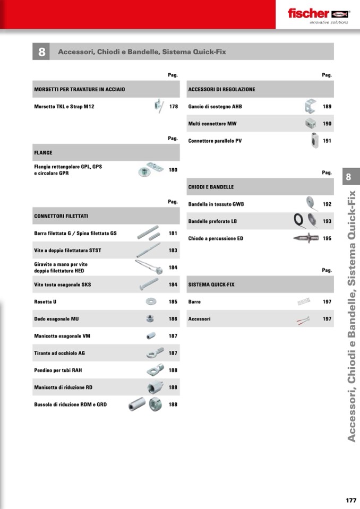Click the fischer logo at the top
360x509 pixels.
318,14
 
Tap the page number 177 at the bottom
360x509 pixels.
350,500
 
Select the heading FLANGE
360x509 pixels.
44,153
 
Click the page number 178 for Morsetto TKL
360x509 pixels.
174,107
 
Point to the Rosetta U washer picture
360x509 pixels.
151,301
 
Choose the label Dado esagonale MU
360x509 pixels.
57,319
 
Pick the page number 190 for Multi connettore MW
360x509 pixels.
327,124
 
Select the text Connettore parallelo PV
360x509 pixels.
215,141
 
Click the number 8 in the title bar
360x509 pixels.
41,52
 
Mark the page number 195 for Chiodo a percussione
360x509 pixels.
327,239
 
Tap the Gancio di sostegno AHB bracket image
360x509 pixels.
310,107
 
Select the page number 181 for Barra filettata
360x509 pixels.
173,233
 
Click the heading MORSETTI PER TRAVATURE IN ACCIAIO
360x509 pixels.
80,89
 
